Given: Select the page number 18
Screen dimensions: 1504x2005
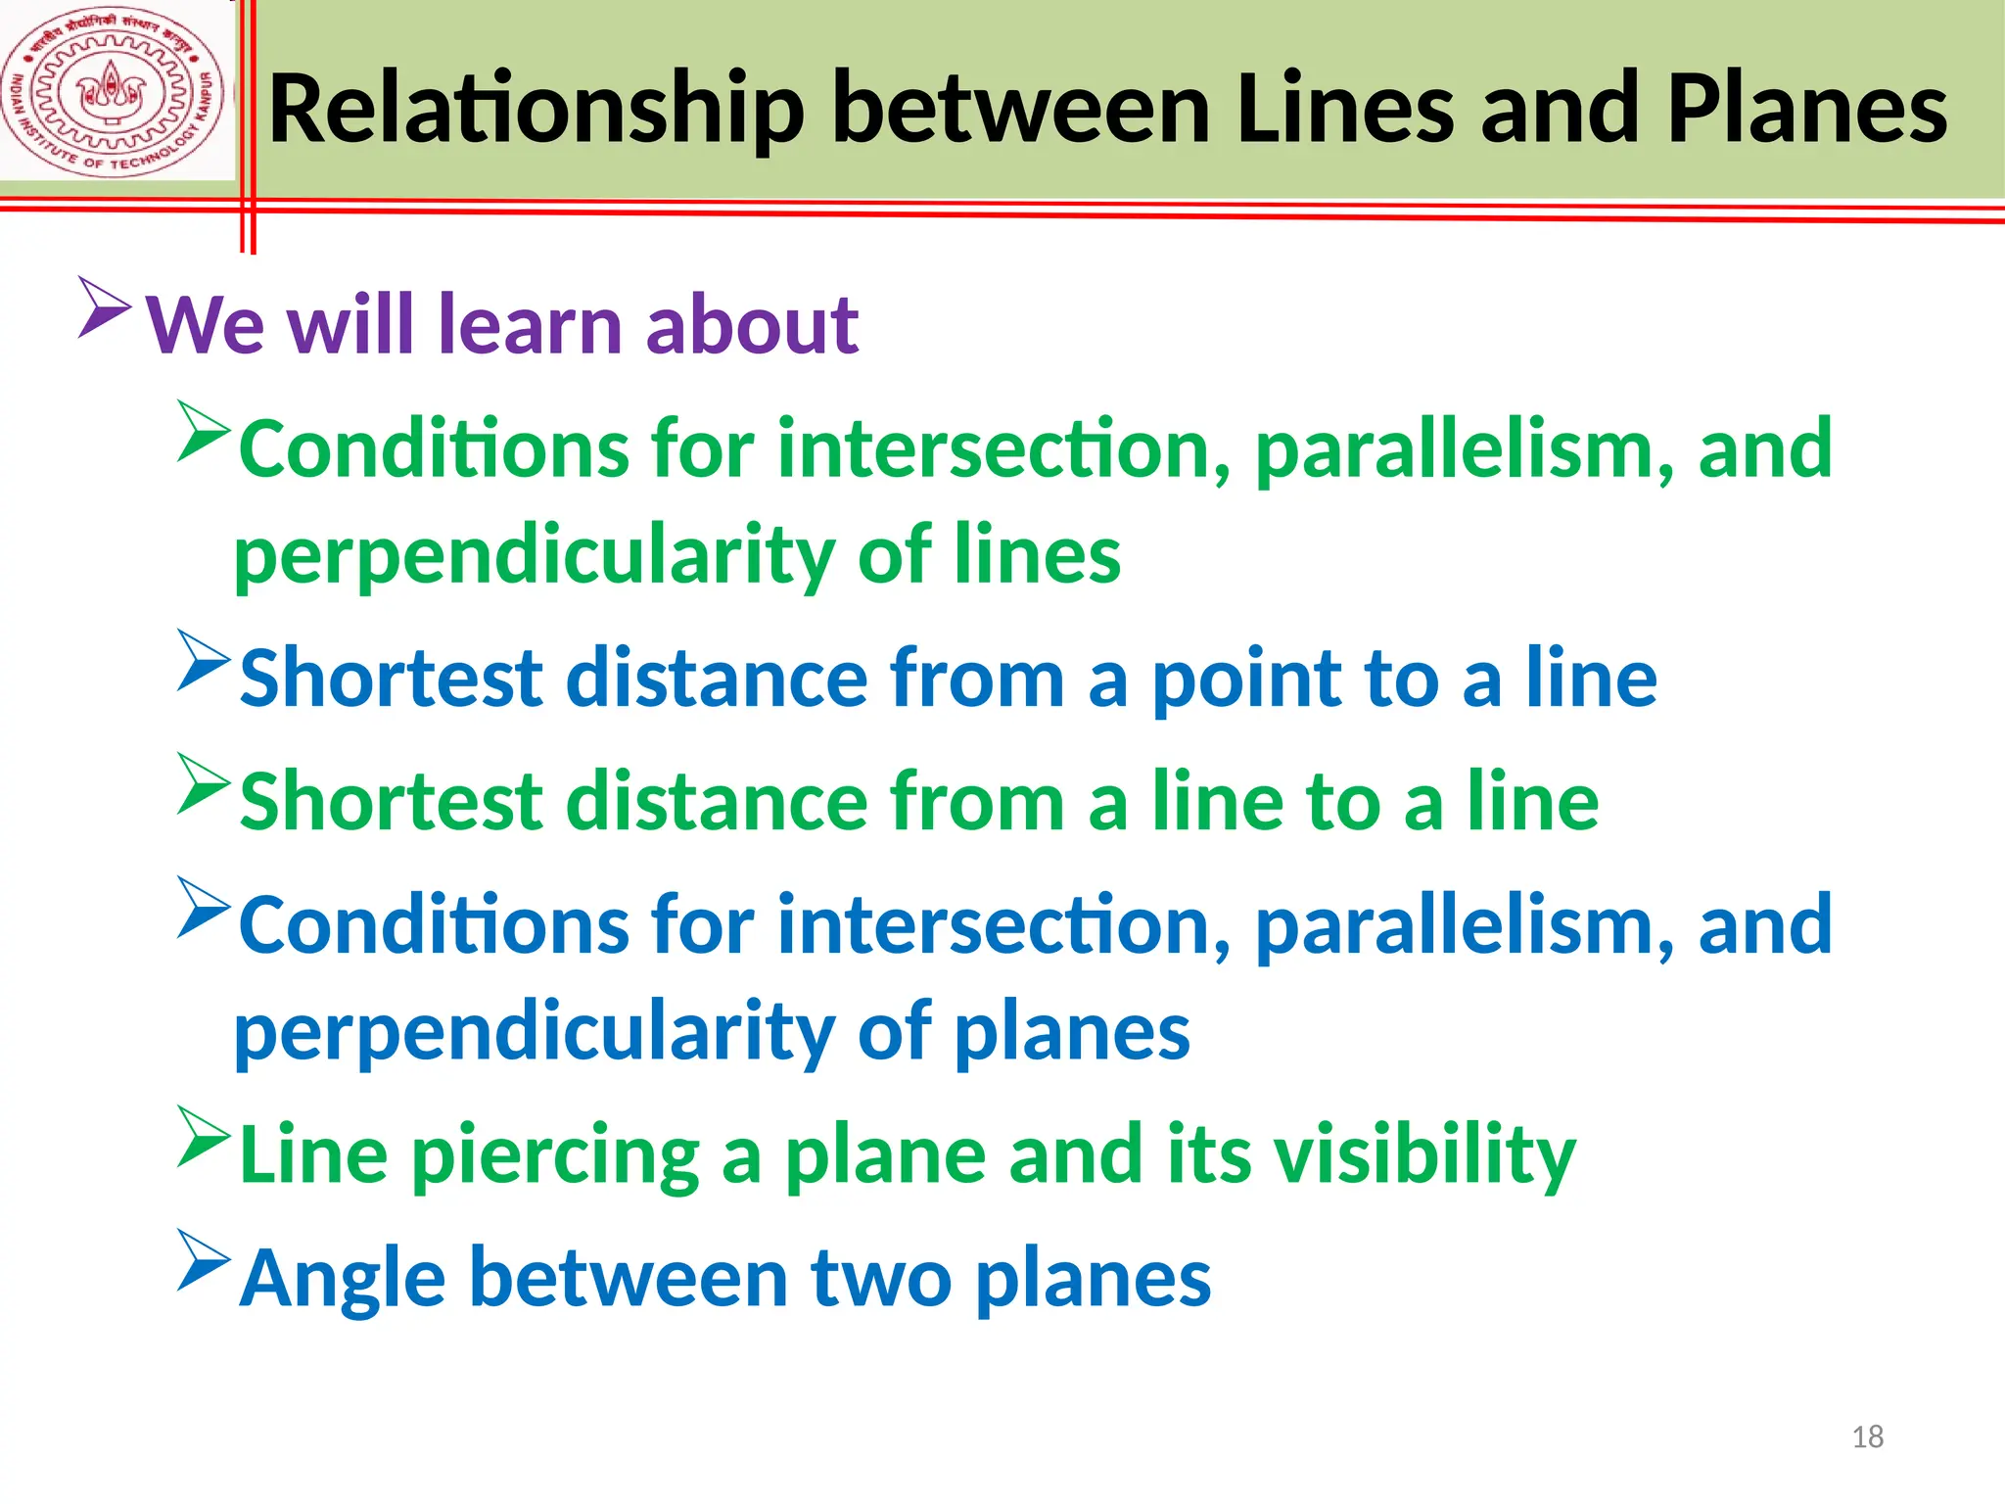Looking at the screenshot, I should pyautogui.click(x=1867, y=1436).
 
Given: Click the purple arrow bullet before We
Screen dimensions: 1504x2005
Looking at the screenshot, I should pyautogui.click(x=105, y=307).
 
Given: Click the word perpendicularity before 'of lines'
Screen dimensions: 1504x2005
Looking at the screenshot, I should pyautogui.click(x=534, y=556).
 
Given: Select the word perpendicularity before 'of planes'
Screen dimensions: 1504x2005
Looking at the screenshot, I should pyautogui.click(x=534, y=1032).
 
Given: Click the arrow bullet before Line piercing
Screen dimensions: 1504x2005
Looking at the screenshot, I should pyautogui.click(x=204, y=1136).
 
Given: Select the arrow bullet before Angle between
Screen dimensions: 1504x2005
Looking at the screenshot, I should pyautogui.click(x=204, y=1260).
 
